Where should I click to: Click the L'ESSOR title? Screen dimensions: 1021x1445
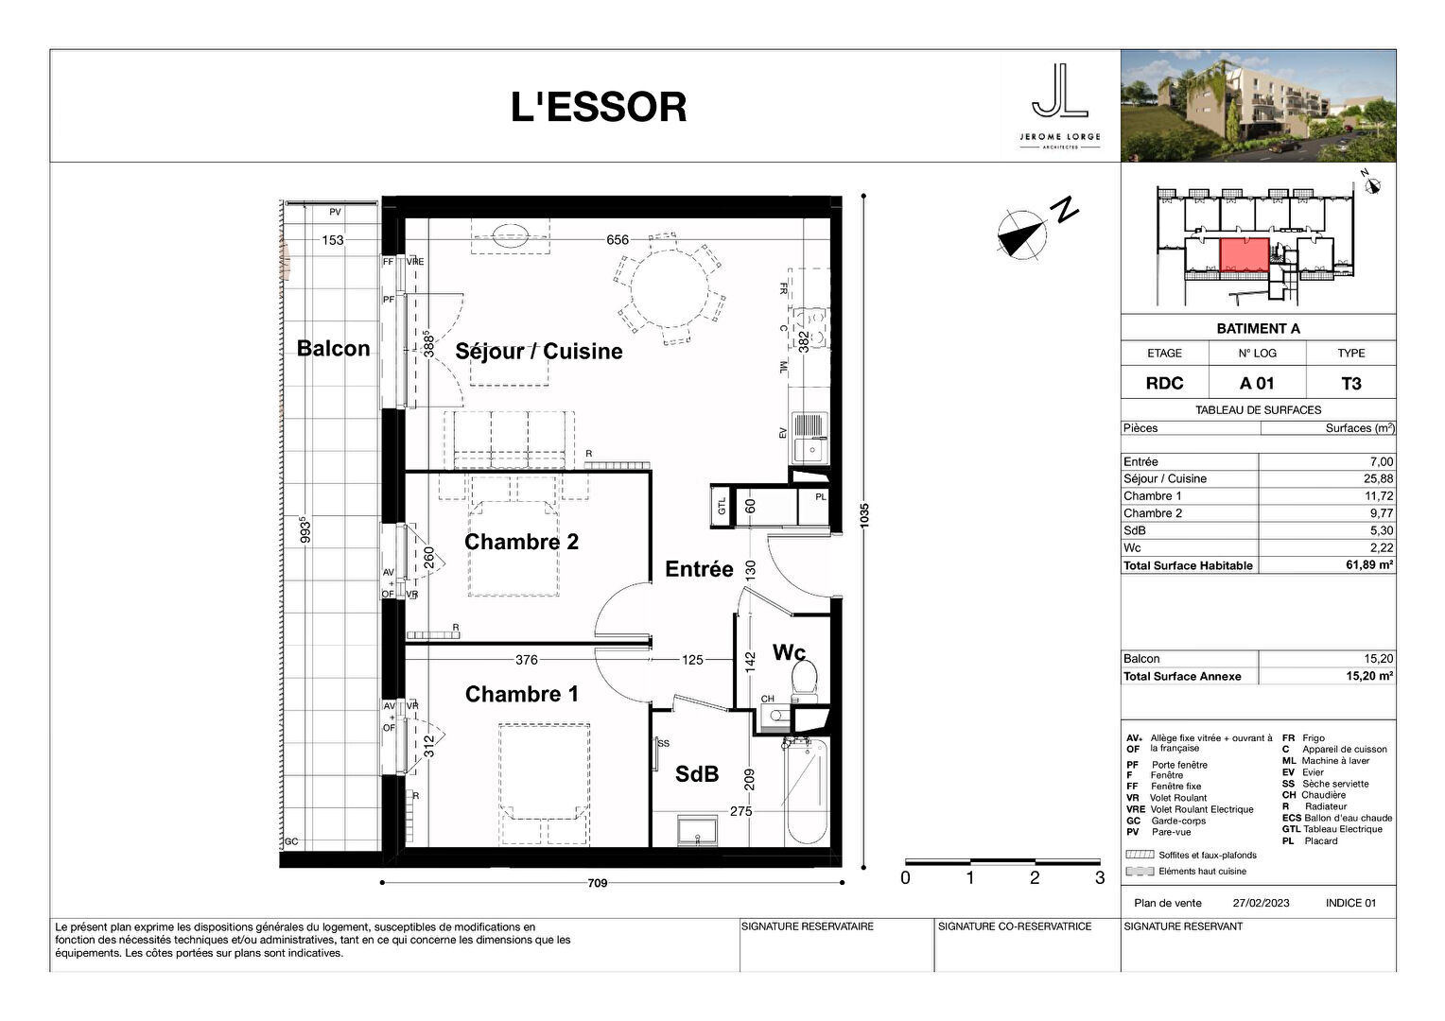(599, 108)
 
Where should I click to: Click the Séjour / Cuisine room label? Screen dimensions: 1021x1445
(538, 352)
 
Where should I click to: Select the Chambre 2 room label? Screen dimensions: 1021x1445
(521, 542)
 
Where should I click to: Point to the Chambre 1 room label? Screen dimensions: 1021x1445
(521, 694)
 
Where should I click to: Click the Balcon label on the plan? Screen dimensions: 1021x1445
(333, 348)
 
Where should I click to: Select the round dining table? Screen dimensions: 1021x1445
(670, 288)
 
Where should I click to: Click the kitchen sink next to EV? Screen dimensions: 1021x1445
(809, 437)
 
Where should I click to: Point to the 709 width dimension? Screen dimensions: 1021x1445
(597, 884)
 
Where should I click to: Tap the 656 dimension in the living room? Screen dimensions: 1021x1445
(618, 240)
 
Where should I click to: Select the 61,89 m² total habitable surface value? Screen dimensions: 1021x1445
(1367, 565)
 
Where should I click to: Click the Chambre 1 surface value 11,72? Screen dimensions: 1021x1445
(1379, 496)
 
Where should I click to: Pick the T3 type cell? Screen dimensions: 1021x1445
(1350, 383)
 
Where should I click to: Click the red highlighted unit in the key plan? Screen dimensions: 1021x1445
(1244, 255)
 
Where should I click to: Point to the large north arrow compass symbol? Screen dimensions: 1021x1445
(1021, 233)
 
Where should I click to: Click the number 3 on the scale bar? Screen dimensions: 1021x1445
(1099, 877)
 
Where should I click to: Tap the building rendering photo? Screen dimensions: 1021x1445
(1258, 106)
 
